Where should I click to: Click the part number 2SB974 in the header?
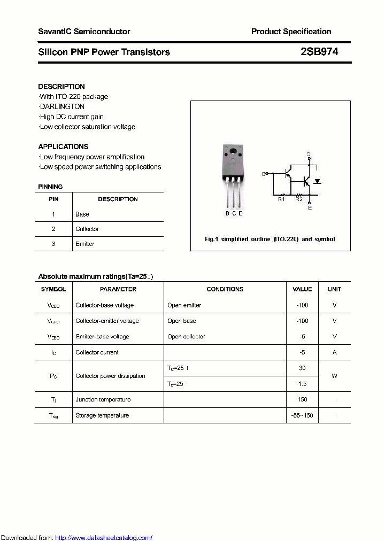[x=319, y=52]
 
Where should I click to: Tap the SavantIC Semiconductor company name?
[x=84, y=32]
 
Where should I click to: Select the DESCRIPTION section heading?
[x=61, y=87]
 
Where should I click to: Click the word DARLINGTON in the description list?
[x=63, y=106]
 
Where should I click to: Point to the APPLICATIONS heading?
[x=63, y=146]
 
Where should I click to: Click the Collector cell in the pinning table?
[x=87, y=229]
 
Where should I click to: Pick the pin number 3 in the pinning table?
[x=53, y=244]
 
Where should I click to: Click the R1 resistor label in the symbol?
[x=281, y=199]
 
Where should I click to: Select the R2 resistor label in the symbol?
[x=299, y=199]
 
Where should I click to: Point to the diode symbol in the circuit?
[x=317, y=181]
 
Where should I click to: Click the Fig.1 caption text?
[x=270, y=239]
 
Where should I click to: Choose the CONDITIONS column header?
[x=225, y=289]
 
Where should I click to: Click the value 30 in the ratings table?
[x=302, y=368]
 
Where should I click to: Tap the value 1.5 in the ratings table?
[x=302, y=384]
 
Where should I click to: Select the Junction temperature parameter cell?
[x=103, y=400]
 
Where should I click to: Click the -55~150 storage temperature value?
[x=302, y=415]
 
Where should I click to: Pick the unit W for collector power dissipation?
[x=334, y=376]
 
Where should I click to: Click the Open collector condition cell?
[x=186, y=337]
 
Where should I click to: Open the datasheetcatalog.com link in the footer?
[x=104, y=538]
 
